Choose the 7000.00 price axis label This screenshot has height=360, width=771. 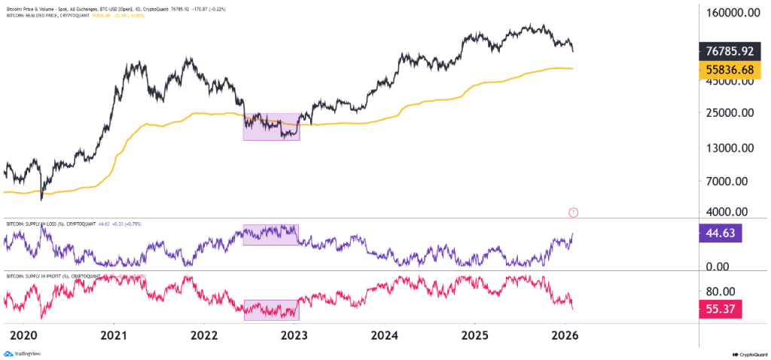pos(735,182)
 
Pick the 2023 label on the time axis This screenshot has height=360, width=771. pos(294,334)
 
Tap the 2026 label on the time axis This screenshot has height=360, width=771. pos(565,334)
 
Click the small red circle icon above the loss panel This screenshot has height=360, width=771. pos(574,212)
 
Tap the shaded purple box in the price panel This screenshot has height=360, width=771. pos(271,127)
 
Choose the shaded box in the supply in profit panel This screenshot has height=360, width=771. pos(271,310)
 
